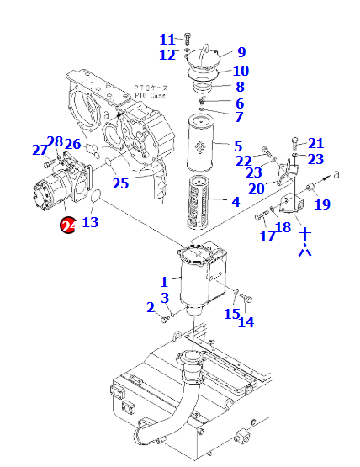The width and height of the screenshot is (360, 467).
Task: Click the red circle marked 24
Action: point(68,226)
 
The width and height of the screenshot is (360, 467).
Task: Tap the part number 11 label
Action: point(167,40)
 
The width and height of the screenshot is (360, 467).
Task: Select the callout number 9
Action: point(241,52)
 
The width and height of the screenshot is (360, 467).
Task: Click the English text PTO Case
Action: point(150,96)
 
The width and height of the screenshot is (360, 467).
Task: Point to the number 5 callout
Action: point(238,146)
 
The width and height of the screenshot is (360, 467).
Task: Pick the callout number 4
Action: point(236,202)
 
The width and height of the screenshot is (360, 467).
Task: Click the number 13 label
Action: point(90,222)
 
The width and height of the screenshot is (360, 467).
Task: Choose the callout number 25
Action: point(120,183)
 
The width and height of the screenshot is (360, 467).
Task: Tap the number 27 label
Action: point(40,150)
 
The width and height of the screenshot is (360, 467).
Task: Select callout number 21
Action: point(315,143)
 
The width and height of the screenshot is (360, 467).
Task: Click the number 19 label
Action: point(322,204)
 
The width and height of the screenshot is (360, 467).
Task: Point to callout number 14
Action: point(246,322)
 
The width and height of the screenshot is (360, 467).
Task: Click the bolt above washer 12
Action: point(188,39)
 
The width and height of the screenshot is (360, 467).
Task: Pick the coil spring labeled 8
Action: point(203,86)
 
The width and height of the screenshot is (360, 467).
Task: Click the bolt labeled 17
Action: point(262,215)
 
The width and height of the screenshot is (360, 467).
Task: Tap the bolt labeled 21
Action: point(294,143)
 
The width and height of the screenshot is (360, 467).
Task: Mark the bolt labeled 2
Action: point(165,319)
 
